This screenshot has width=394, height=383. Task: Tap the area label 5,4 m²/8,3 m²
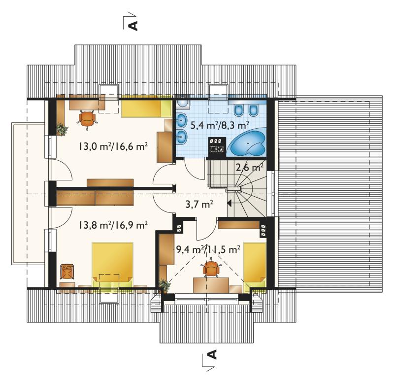[x=220, y=125]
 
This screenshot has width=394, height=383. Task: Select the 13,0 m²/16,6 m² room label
[x=113, y=146]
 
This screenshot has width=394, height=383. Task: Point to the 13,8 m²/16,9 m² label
[x=113, y=225]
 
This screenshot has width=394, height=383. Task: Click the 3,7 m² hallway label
[x=199, y=204]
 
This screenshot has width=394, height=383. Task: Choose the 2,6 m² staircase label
[x=250, y=167]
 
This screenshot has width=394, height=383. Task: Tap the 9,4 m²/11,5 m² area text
[x=208, y=249]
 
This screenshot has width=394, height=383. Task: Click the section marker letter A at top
[x=133, y=25]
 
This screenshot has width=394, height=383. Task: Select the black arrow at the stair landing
[x=230, y=203]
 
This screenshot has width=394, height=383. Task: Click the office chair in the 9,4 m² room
[x=211, y=268]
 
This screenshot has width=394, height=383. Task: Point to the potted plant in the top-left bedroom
[x=62, y=129]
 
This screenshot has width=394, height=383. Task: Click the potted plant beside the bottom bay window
[x=164, y=285]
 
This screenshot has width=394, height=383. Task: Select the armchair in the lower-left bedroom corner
[x=67, y=271]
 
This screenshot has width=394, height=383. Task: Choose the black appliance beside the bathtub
[x=217, y=145]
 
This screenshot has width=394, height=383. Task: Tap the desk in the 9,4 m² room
[x=211, y=285]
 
